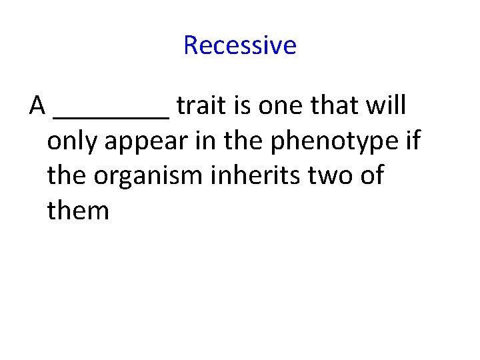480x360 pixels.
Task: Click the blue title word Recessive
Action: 239,45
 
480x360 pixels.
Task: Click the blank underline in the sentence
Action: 111,115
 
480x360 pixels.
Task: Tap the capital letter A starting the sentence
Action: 37,106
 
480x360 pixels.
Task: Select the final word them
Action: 78,211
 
